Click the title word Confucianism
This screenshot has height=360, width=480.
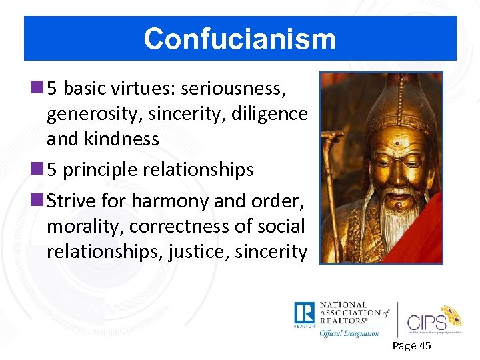[x=239, y=39]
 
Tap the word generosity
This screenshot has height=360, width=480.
[x=93, y=114]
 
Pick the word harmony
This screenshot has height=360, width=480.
[x=167, y=200]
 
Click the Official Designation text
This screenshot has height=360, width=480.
[x=349, y=332]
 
